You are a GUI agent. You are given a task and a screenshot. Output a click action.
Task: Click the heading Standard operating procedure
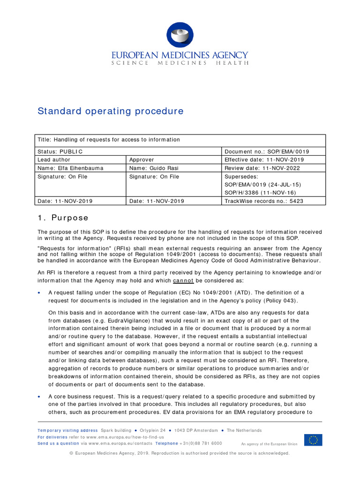[110, 111]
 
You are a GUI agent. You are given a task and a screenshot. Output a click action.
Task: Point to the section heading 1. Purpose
[63, 218]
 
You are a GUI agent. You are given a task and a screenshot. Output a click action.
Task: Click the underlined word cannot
[183, 281]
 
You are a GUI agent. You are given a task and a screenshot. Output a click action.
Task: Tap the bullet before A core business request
[39, 397]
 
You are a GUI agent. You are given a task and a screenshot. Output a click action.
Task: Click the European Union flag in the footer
[313, 440]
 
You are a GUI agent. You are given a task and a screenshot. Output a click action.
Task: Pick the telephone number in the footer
[201, 443]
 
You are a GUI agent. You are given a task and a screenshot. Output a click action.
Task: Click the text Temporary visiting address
[67, 430]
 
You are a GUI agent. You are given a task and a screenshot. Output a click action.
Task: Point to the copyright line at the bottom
[180, 453]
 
